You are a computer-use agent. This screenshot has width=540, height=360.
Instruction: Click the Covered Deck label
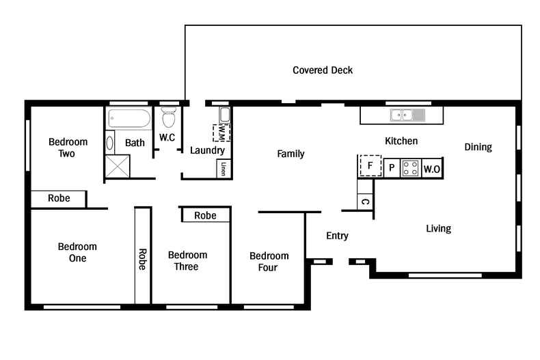(x=323, y=70)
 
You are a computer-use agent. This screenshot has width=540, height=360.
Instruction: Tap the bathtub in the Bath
(x=129, y=120)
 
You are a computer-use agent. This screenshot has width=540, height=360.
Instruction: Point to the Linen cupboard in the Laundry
(x=224, y=169)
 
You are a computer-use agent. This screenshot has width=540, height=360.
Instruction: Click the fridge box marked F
(x=370, y=165)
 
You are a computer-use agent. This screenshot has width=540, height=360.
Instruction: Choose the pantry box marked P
(x=392, y=168)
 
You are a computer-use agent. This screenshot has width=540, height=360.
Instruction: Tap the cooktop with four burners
(x=411, y=168)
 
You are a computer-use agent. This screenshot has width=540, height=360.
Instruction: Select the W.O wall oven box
(x=431, y=169)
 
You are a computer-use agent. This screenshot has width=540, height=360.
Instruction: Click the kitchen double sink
(x=407, y=115)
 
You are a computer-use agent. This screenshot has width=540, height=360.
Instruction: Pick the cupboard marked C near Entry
(x=365, y=202)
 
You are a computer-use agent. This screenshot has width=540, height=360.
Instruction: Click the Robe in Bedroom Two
(x=59, y=199)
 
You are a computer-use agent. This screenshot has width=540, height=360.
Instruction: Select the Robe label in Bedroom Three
(x=205, y=215)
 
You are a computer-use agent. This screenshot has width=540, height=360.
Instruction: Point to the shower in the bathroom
(x=117, y=166)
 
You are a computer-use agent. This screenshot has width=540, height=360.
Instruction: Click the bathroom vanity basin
(x=111, y=145)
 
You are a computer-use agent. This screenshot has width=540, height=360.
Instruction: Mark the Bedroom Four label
(x=269, y=262)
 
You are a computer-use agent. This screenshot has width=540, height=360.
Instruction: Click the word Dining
(x=478, y=147)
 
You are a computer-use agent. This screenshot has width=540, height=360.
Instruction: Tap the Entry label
(x=337, y=236)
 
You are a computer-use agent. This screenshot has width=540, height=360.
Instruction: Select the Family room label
(x=291, y=154)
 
